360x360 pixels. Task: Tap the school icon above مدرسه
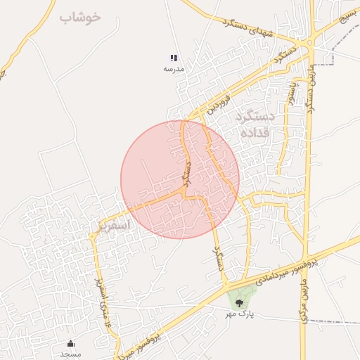tap(174, 58)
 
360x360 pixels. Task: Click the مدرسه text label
tap(174, 69)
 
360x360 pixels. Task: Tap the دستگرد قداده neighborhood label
tap(250, 124)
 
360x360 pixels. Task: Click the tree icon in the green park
tap(240, 304)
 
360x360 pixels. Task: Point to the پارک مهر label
tap(238, 314)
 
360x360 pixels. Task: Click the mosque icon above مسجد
tap(70, 344)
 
